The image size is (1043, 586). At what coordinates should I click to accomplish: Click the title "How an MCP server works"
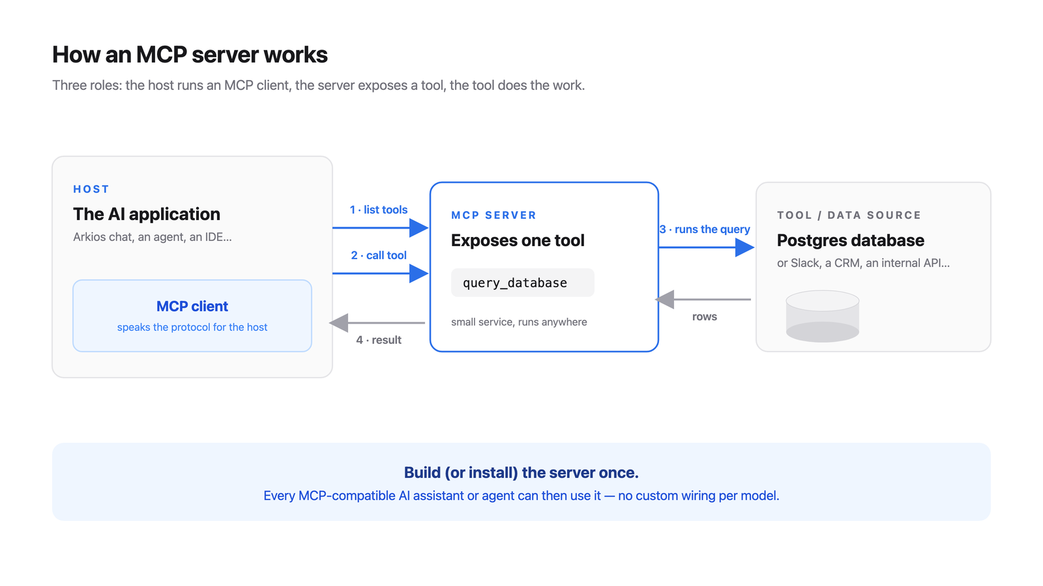[x=190, y=55]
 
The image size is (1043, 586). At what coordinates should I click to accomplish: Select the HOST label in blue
[x=91, y=189]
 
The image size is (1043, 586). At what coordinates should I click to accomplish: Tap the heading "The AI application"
[x=147, y=214]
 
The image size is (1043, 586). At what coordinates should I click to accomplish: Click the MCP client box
[x=192, y=315]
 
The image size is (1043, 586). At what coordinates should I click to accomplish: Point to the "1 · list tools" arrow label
[x=379, y=210]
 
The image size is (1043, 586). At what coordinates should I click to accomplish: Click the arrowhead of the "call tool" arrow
[x=419, y=273]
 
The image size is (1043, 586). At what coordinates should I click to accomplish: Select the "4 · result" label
[x=379, y=340]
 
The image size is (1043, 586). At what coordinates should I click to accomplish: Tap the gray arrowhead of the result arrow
[x=338, y=323]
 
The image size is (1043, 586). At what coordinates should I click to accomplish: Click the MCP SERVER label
[x=493, y=216]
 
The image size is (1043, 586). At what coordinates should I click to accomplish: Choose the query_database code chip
[x=522, y=283]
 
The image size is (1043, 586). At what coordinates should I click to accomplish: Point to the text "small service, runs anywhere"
[x=519, y=322]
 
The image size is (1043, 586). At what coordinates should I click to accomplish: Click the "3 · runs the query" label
[x=705, y=229]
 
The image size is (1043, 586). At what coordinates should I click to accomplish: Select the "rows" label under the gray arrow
[x=705, y=316]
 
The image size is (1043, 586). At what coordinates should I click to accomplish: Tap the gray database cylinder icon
[x=822, y=316]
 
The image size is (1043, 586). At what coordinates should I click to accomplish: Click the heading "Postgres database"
[x=850, y=240]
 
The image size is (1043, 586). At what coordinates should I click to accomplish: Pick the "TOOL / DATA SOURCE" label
[x=849, y=216]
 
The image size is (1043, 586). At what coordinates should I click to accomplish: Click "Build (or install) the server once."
[x=521, y=473]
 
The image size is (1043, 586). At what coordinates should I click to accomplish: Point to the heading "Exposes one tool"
[x=518, y=240]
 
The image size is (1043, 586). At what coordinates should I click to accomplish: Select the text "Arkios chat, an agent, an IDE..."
[x=153, y=237]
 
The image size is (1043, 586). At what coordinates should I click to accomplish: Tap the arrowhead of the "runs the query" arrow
[x=745, y=247]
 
